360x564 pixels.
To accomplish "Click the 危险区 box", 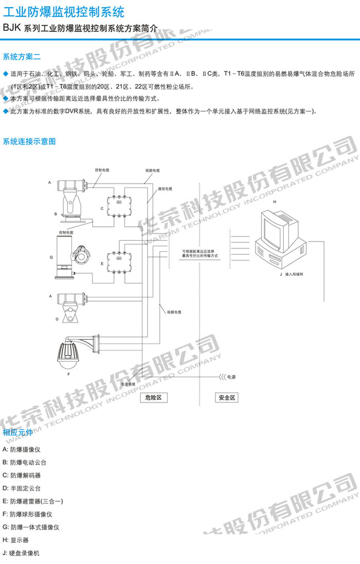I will (x=154, y=398).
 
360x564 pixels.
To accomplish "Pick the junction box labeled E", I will (x=119, y=260).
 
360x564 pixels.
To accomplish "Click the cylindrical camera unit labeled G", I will (x=64, y=257).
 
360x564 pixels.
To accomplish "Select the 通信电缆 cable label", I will (x=165, y=189).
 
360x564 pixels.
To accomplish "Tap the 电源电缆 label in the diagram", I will (x=128, y=384).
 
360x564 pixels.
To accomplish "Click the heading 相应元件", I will (x=18, y=432).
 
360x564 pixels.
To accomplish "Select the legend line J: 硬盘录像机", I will (x=21, y=553).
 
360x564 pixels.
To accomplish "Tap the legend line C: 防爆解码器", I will (x=22, y=475).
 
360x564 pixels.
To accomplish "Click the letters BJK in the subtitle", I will (x=12, y=28).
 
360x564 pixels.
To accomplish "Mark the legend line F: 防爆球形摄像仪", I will (x=27, y=514).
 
